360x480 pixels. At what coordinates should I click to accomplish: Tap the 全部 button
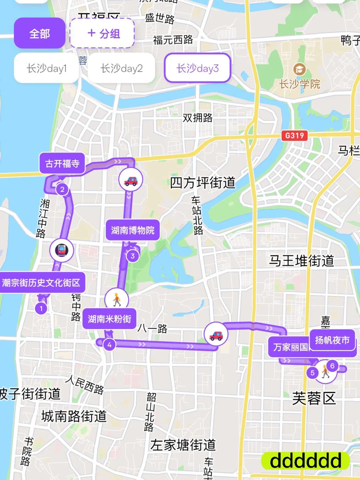point(39,33)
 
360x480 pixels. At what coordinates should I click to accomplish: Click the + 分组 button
point(102,33)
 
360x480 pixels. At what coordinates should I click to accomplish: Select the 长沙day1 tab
point(46,68)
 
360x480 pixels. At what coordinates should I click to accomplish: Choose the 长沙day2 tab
point(121,68)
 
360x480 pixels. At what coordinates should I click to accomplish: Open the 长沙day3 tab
point(197,68)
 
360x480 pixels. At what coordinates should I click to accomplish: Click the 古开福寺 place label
point(62,163)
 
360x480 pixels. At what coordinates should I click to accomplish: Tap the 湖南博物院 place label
point(133,230)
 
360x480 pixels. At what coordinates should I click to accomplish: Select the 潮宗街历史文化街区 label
point(41,283)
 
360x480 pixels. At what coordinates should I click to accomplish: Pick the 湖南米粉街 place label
point(109,319)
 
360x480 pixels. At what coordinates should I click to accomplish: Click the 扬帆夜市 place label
point(332,340)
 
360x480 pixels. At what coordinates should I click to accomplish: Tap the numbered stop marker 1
point(41,308)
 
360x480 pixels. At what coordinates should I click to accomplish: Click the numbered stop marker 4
point(109,345)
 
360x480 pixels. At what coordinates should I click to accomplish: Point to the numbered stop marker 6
point(332,366)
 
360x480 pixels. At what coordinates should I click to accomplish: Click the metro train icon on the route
point(62,250)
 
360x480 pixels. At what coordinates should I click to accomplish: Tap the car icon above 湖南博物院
point(131,180)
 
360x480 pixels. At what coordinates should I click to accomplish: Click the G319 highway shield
point(294,135)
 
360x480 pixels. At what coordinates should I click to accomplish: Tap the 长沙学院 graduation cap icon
point(299,69)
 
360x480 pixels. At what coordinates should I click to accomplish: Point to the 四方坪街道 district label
point(203,183)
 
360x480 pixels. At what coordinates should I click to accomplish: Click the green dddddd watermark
point(305,461)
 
